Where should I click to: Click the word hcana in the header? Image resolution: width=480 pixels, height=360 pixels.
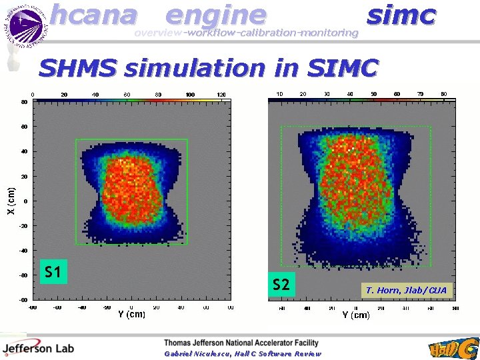(93, 15)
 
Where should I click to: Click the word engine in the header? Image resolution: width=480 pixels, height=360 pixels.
(215, 15)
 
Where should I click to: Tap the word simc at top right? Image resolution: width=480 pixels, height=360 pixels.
(401, 15)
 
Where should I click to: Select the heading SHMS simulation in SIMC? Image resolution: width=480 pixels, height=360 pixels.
(208, 68)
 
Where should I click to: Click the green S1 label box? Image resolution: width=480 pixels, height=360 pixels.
(53, 272)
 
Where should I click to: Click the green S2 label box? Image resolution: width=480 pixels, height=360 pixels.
(281, 285)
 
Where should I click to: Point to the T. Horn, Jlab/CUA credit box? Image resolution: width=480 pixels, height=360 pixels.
(406, 290)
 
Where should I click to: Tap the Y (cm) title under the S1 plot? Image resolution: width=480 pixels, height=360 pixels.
(131, 314)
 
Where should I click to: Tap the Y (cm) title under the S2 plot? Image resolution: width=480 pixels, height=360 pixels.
(356, 315)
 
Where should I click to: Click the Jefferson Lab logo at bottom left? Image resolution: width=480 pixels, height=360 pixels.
(38, 347)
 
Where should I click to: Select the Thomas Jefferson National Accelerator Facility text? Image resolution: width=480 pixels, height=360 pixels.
(241, 343)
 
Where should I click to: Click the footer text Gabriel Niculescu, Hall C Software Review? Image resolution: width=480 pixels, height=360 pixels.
(243, 354)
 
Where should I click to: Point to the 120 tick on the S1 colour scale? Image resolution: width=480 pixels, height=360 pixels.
(222, 95)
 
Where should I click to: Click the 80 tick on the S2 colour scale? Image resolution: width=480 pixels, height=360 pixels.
(443, 94)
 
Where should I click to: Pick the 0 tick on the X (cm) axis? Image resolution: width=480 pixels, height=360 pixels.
(25, 201)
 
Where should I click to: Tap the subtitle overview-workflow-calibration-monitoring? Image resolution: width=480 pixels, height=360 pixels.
(246, 33)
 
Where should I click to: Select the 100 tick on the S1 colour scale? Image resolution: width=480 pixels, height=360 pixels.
(190, 95)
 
